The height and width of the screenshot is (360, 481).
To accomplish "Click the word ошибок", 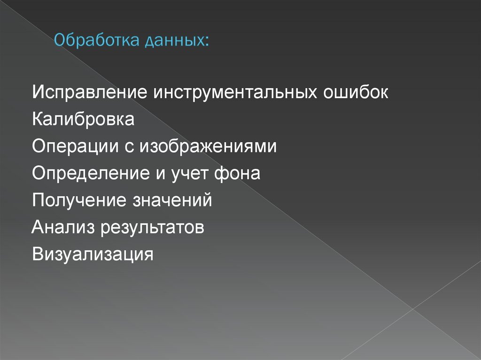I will coord(356,92).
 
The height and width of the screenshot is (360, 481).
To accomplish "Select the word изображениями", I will coord(208,146).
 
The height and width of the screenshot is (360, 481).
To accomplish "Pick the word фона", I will coord(243,174).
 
